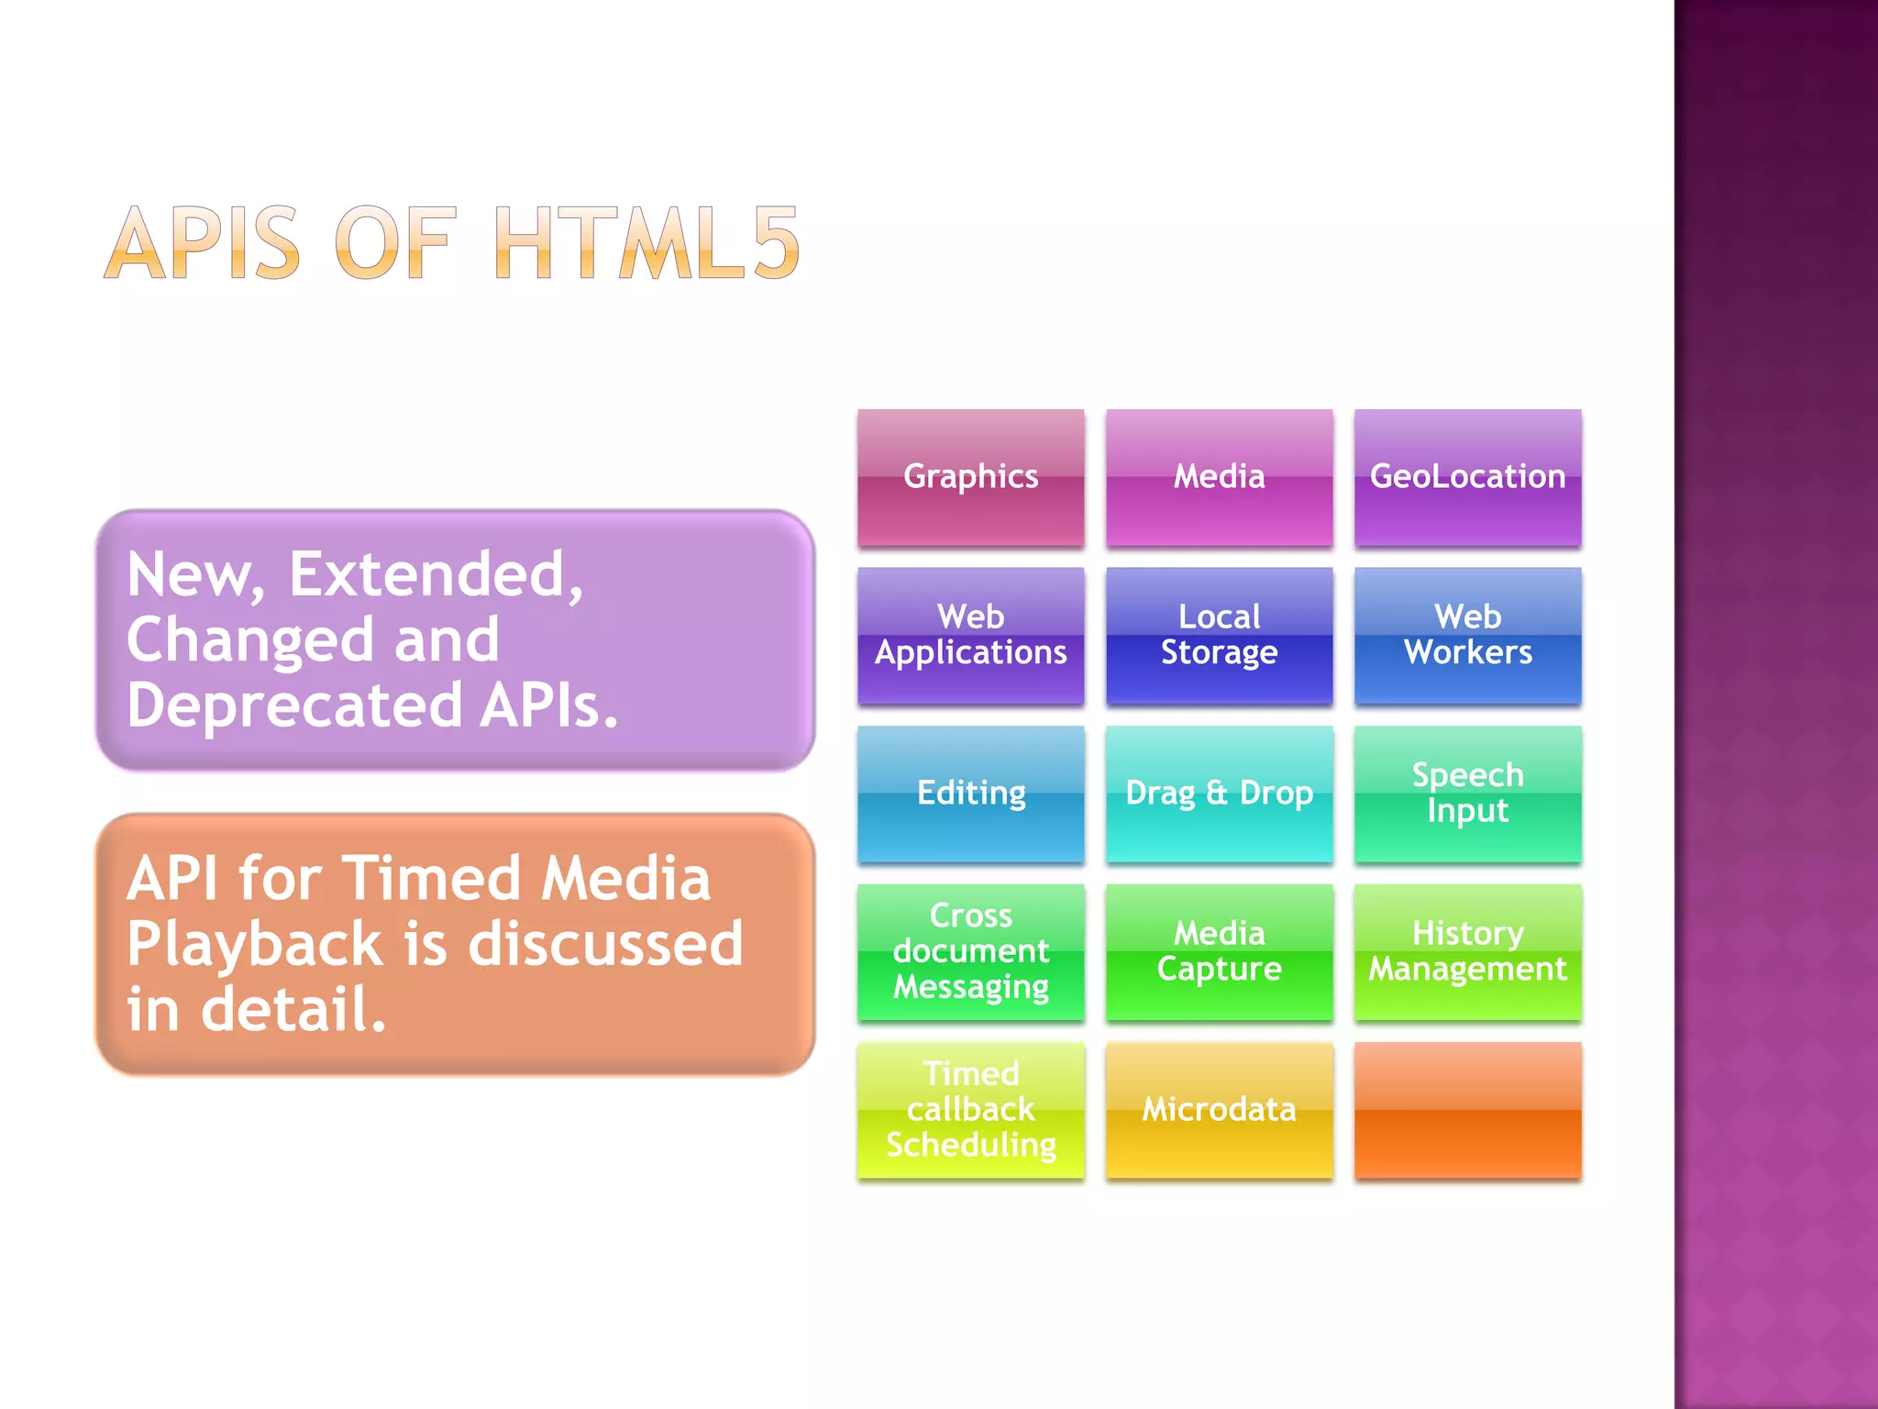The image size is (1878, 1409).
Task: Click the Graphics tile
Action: click(970, 477)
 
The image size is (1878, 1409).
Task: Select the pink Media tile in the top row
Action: click(1219, 477)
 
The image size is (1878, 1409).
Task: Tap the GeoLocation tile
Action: click(1467, 477)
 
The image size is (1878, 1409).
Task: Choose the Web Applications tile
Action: click(970, 635)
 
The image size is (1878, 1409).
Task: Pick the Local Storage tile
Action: click(1219, 635)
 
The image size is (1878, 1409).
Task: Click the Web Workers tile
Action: click(1467, 635)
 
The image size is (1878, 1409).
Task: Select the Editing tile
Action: click(970, 793)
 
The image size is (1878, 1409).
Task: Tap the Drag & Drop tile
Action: click(1219, 793)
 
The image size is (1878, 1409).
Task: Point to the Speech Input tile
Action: click(1467, 793)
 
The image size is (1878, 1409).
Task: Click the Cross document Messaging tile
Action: click(970, 951)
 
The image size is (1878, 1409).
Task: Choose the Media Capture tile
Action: click(1219, 951)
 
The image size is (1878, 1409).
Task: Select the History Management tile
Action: click(1467, 951)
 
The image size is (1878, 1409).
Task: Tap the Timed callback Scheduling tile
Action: click(970, 1110)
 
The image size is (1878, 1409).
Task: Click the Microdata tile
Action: click(1219, 1110)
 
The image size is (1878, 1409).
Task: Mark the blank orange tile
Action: click(1467, 1110)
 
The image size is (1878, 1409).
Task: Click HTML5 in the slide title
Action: click(646, 243)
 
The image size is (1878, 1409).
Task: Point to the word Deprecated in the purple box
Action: click(294, 706)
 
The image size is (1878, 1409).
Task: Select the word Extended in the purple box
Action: click(436, 575)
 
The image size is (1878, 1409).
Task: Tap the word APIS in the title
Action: click(203, 243)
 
